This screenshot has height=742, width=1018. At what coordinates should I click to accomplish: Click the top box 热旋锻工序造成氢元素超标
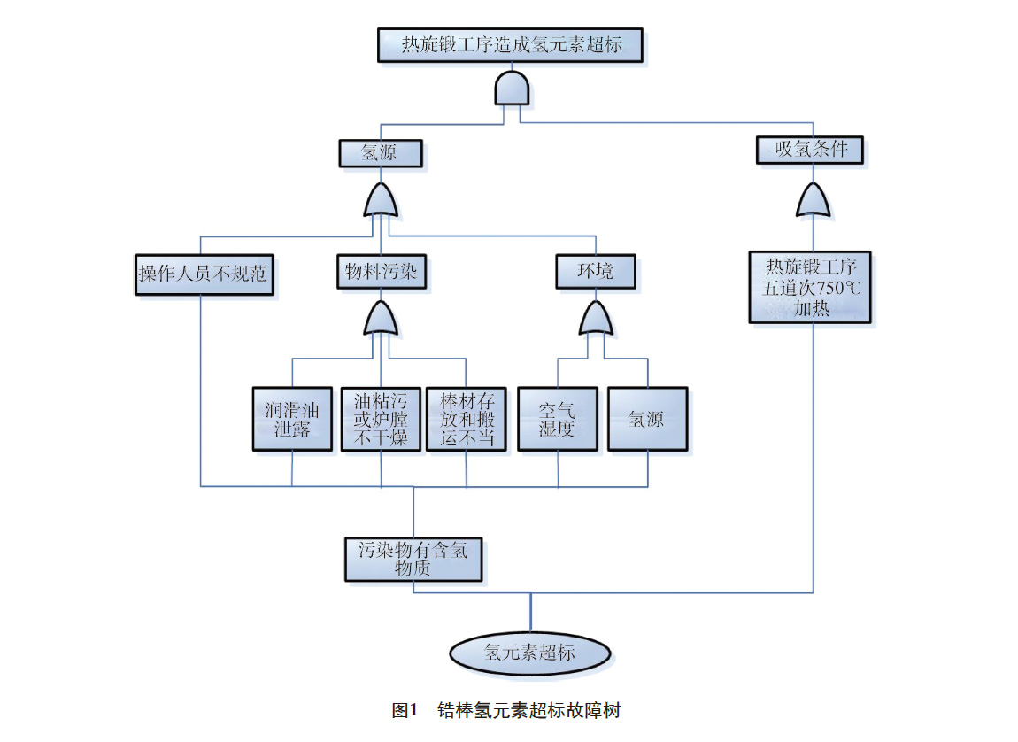(x=511, y=44)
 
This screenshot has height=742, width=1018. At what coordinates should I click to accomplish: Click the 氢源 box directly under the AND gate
(x=379, y=153)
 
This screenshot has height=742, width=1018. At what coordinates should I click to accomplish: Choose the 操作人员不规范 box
(x=202, y=274)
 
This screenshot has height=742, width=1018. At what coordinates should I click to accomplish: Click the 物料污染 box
(x=381, y=272)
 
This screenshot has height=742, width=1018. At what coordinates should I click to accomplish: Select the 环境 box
(x=595, y=272)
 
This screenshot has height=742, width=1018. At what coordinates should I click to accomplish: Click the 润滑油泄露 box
(x=292, y=420)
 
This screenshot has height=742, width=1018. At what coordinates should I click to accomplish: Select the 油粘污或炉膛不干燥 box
(x=381, y=420)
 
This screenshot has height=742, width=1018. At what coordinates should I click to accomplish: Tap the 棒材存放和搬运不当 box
(x=467, y=420)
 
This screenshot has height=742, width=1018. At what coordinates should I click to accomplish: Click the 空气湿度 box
(x=558, y=420)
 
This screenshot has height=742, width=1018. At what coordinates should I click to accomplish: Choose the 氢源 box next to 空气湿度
(x=647, y=420)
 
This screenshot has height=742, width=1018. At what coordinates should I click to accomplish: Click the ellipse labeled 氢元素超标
(x=529, y=653)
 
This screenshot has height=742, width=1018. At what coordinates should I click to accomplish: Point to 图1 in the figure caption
(x=404, y=710)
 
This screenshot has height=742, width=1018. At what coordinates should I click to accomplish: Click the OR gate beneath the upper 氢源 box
(x=381, y=201)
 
